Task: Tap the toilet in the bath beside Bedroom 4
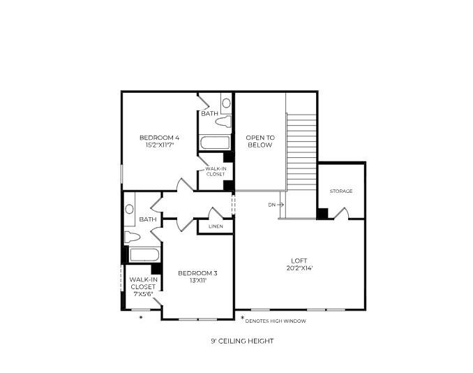pyautogui.click(x=223, y=122)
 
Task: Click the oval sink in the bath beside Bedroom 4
pyautogui.click(x=226, y=103)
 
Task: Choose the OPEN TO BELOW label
pyautogui.click(x=260, y=141)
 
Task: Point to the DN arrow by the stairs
pyautogui.click(x=276, y=205)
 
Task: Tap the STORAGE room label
pyautogui.click(x=341, y=191)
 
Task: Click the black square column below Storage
pyautogui.click(x=322, y=213)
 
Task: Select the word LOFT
pyautogui.click(x=299, y=261)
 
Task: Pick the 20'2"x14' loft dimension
pyautogui.click(x=299, y=268)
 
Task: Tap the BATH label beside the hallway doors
pyautogui.click(x=147, y=219)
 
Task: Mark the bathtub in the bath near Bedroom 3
pyautogui.click(x=145, y=254)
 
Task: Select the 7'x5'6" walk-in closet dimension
pyautogui.click(x=142, y=294)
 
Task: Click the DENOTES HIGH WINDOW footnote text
pyautogui.click(x=276, y=321)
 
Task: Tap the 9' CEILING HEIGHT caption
pyautogui.click(x=242, y=341)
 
